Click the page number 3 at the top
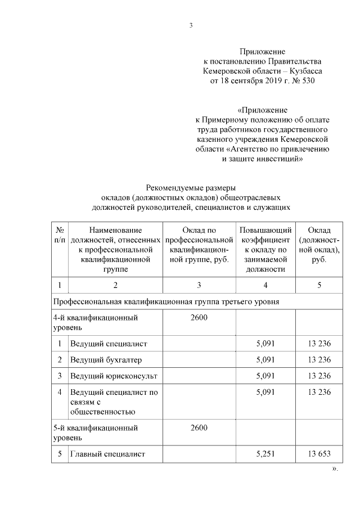click(191, 25)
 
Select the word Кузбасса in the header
click(307, 71)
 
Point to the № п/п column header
click(59, 235)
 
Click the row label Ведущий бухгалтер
click(98, 359)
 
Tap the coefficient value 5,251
click(265, 454)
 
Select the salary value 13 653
click(319, 454)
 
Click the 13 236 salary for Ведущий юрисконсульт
click(319, 376)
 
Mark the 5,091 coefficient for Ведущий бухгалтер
click(265, 359)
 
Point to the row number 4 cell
click(59, 392)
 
